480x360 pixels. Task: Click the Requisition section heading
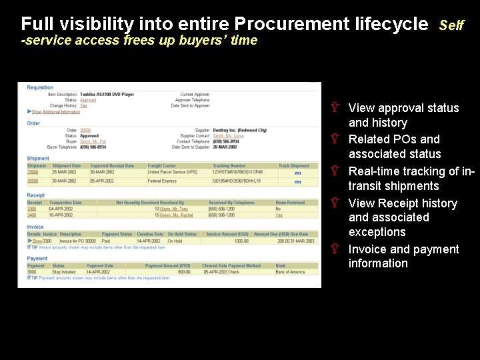[x=40, y=87]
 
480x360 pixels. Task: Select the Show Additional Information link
[x=55, y=111]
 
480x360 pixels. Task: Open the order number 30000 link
[x=85, y=130]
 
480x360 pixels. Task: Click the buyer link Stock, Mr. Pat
[x=93, y=141]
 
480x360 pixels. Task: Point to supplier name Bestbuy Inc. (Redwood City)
[x=239, y=130]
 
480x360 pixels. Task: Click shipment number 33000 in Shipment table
[x=33, y=172]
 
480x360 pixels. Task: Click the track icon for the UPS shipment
[x=297, y=173]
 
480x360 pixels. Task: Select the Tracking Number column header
[x=229, y=166]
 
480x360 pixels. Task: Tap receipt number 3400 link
[x=32, y=215]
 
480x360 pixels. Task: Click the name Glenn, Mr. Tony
[x=174, y=209]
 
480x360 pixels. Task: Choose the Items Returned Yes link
[x=279, y=215]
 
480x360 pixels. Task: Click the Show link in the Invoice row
[x=37, y=241]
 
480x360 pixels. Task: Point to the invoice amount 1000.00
[x=241, y=241]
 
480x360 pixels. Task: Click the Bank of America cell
[x=290, y=272]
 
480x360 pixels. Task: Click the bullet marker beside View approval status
[x=335, y=107]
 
